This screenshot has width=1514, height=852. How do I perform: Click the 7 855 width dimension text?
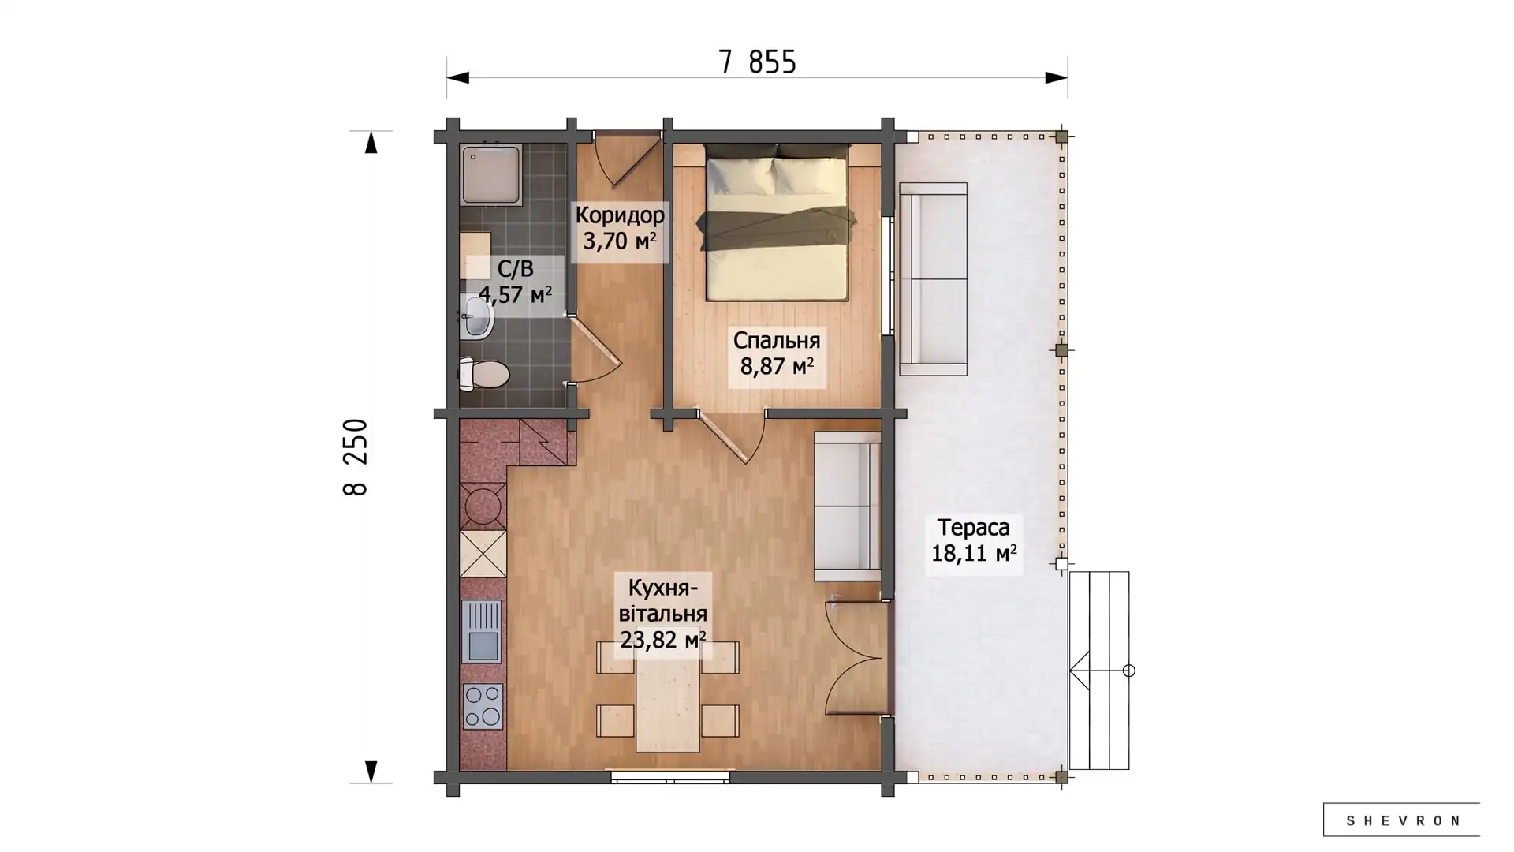(757, 62)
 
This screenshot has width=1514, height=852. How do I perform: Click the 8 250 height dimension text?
(356, 457)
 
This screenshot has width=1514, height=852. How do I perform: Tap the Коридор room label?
(620, 215)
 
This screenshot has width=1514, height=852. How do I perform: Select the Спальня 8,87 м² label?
(777, 353)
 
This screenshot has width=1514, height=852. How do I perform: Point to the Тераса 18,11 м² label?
(974, 540)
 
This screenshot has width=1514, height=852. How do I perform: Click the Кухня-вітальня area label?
(662, 614)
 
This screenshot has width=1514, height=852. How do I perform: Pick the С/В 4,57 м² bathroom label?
(515, 282)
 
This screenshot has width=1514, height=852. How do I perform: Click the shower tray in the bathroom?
(491, 174)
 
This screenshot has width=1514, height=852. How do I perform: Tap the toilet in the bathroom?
(484, 373)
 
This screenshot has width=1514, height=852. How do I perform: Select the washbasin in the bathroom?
(477, 318)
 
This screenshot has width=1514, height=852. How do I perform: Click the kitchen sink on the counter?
(481, 630)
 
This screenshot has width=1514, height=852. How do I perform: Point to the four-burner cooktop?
(483, 706)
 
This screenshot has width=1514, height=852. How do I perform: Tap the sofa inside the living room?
(848, 506)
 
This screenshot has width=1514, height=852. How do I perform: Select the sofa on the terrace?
(934, 279)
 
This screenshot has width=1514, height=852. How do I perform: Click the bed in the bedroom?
(777, 222)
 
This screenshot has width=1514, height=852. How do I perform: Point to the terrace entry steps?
(1099, 671)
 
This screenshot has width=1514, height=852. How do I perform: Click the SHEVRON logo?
(1401, 820)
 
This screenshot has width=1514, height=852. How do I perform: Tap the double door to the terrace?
(855, 658)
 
